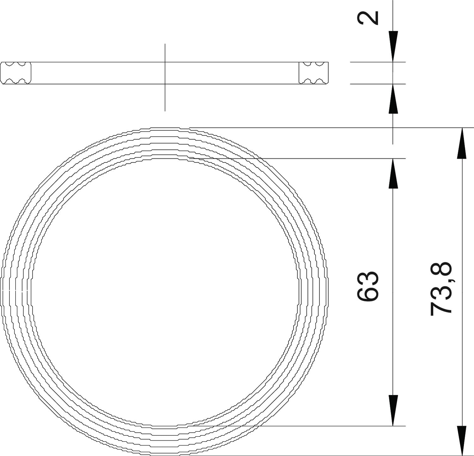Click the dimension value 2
[x=368, y=18]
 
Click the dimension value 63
[x=368, y=286]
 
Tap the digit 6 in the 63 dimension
[x=368, y=294]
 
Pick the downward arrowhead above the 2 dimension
[x=393, y=46]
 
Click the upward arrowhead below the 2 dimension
[x=393, y=99]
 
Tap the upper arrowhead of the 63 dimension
[x=393, y=173]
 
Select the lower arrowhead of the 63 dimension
[x=393, y=410]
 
